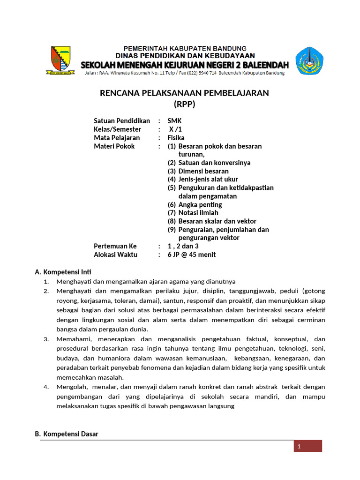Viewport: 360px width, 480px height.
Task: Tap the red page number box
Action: coord(308,446)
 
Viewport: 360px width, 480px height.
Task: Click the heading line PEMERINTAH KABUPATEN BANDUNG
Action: coord(185,48)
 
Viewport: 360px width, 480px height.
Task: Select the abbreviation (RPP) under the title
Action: coord(184,104)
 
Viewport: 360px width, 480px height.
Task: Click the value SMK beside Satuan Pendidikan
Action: coord(175,121)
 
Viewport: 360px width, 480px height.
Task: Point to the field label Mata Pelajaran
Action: coord(117,138)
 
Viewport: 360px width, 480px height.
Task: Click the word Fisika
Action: coord(176,138)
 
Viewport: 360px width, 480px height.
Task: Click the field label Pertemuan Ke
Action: coord(115,246)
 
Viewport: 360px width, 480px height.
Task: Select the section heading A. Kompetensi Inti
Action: coord(63,272)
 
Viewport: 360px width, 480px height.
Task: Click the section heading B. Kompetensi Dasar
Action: coord(67,434)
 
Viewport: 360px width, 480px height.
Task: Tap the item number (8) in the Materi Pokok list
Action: coord(172,221)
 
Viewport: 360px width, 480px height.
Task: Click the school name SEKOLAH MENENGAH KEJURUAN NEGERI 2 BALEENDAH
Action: coord(185,64)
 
